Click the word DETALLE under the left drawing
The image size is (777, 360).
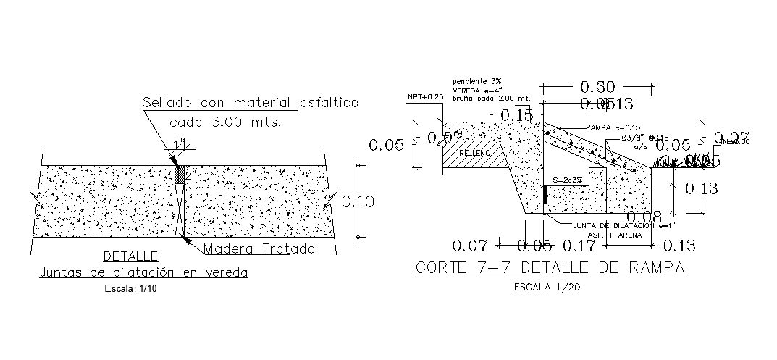coord(131,256)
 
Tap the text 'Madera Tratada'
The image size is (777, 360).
coord(259,249)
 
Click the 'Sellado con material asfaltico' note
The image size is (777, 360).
coord(250,103)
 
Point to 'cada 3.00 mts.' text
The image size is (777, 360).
coord(224,122)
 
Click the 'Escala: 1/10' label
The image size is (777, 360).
coord(131,288)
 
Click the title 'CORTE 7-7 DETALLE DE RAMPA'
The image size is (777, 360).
coord(550,267)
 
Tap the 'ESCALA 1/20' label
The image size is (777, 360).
coord(550,287)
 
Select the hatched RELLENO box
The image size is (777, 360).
coord(474,154)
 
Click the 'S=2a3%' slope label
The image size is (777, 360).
coord(568,180)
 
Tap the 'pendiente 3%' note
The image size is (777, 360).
coord(476,80)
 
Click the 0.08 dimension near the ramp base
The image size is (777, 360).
coord(643,217)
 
